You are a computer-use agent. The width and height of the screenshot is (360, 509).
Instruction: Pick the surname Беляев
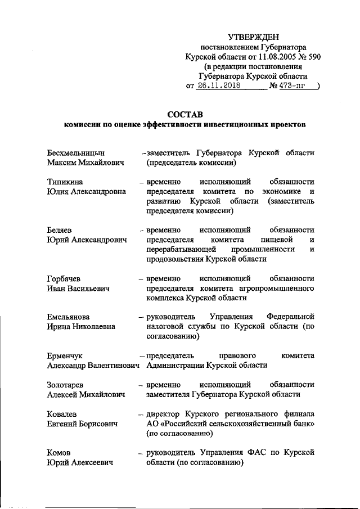click(61, 231)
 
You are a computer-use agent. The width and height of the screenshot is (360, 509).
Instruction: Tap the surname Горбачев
click(65, 279)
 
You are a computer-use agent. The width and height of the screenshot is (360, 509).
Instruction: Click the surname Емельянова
click(69, 317)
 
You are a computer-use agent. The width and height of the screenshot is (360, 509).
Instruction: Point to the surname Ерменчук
click(66, 355)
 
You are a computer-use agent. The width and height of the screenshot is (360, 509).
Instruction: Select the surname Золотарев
click(66, 385)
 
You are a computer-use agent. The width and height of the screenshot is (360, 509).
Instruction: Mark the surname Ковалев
click(63, 414)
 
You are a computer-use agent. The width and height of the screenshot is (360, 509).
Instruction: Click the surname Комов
click(60, 453)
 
